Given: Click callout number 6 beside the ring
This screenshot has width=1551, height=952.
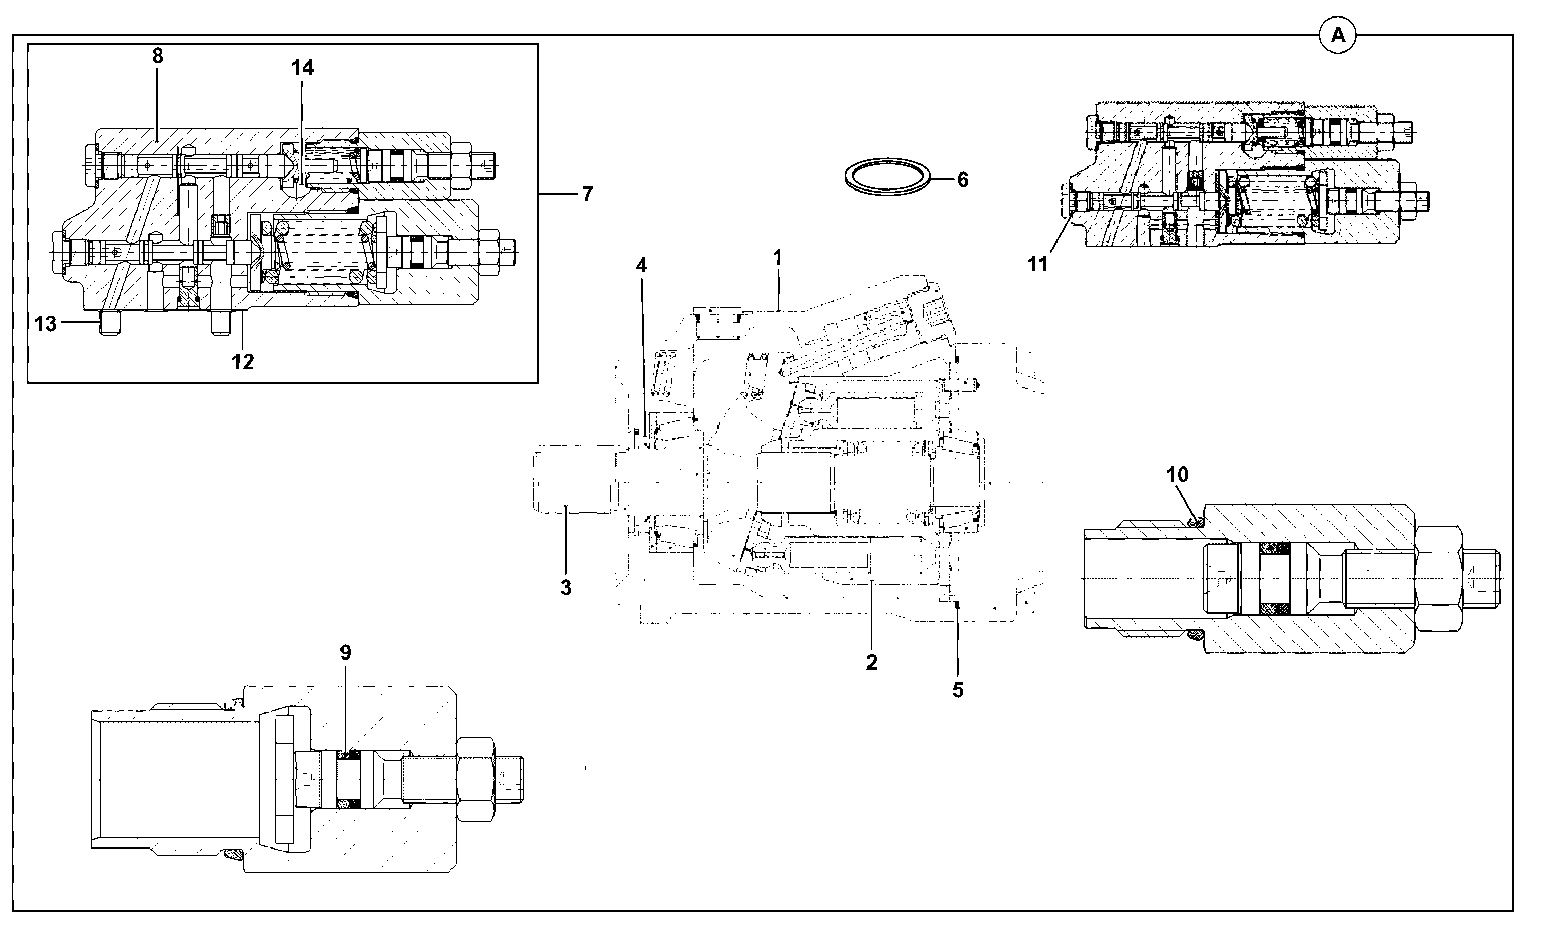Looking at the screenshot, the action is tap(963, 180).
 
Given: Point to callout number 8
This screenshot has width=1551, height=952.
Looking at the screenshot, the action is tap(158, 56).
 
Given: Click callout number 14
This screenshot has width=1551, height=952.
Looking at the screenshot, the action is tap(302, 67).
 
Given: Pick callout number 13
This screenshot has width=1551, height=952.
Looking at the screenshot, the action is tap(45, 324).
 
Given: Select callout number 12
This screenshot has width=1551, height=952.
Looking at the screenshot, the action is tap(243, 361).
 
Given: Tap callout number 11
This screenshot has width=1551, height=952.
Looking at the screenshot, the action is tap(1038, 265).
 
